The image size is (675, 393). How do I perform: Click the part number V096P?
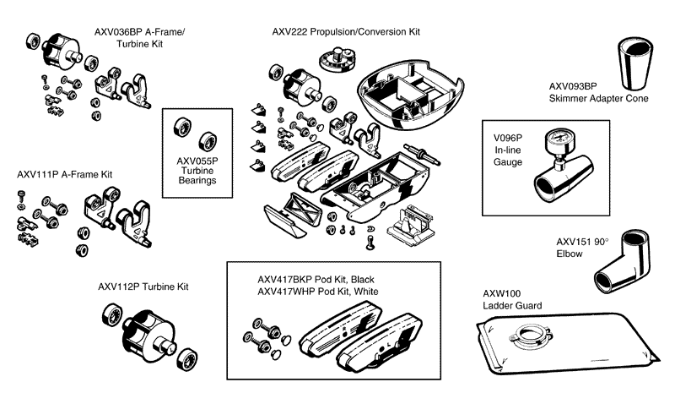pos(507,136)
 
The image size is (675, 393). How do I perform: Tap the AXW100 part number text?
pos(501,292)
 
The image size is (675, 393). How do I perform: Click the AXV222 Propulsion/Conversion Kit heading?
pos(345,32)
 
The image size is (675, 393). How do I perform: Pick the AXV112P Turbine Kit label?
pos(142,287)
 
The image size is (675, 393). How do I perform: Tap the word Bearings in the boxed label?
pos(197,181)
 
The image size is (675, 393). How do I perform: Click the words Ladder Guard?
pos(512,305)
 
